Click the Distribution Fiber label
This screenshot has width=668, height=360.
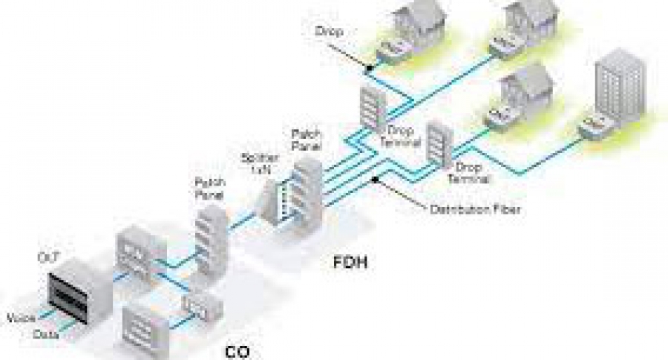475,209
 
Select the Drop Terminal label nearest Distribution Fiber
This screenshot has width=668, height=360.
468,174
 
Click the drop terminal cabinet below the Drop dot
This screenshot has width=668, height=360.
371,109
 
